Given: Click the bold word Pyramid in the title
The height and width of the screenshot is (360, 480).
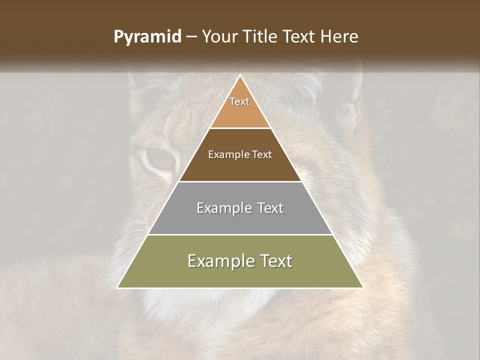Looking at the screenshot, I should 147,37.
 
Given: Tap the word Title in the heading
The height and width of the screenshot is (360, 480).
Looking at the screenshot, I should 262,37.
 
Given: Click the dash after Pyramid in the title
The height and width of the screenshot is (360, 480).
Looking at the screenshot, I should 191,37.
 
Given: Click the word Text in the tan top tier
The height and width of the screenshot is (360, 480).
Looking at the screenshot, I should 239,101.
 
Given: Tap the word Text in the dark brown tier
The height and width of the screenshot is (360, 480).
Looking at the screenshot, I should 262,155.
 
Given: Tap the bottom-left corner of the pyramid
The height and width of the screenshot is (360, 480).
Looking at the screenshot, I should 117,287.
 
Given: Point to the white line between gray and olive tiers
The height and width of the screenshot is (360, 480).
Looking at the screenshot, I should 240,234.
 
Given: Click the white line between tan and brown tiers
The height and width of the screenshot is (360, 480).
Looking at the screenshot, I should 240,128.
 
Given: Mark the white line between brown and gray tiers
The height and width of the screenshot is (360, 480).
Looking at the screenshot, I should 240,181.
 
